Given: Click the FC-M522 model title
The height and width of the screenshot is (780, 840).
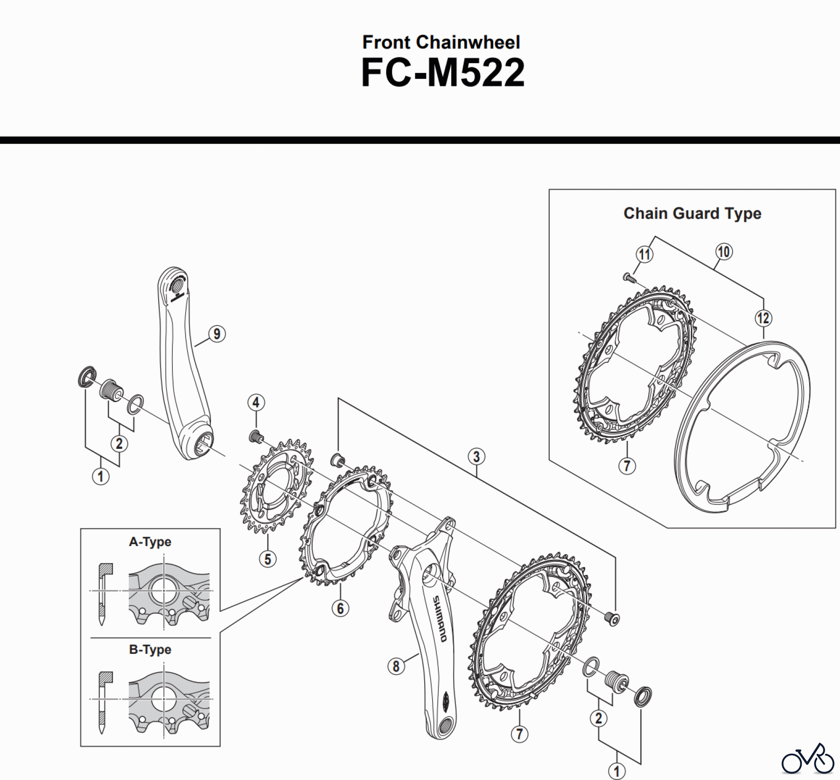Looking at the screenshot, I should [442, 73].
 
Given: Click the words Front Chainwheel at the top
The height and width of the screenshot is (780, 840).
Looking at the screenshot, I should [441, 43].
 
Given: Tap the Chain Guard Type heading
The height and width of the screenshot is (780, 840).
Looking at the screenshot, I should [692, 213].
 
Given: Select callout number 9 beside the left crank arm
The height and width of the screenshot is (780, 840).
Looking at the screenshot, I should [217, 334].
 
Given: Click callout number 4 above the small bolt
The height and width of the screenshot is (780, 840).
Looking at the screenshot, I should [256, 402].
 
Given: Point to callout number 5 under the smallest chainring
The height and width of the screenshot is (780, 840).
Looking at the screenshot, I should [267, 559].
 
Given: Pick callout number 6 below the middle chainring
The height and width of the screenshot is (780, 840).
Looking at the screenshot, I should [340, 608].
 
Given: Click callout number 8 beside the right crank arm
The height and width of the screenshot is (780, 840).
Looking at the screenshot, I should [396, 666].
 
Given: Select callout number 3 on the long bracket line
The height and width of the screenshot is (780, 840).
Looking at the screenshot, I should [476, 456].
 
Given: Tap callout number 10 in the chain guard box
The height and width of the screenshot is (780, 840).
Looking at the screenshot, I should [723, 252].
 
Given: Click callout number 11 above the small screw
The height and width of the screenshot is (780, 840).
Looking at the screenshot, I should [644, 255].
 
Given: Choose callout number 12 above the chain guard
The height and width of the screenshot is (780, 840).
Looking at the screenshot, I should [763, 319].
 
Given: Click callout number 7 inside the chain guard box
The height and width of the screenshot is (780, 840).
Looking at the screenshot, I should [627, 466].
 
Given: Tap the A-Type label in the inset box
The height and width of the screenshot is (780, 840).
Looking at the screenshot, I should [150, 542].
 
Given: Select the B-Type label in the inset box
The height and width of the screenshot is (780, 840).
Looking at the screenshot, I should [150, 650].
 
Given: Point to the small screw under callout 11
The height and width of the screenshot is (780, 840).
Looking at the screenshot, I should [628, 277].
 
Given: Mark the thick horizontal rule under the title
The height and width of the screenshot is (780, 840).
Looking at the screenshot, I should [420, 140].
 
